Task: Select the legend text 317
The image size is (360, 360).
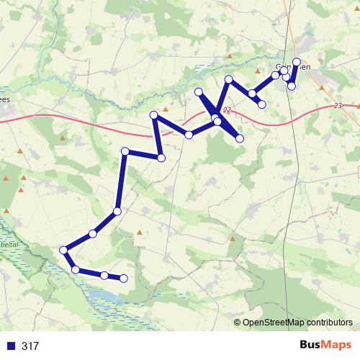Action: pyautogui.click(x=30, y=346)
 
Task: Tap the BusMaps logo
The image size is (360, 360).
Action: pyautogui.click(x=325, y=346)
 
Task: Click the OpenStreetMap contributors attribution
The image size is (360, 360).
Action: pyautogui.click(x=297, y=323)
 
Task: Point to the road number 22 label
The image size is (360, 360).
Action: pyautogui.click(x=228, y=110)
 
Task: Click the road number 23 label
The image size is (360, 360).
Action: pyautogui.click(x=339, y=106)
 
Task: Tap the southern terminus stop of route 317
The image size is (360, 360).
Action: pyautogui.click(x=123, y=278)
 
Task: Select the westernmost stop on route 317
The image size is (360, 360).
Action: pyautogui.click(x=64, y=250)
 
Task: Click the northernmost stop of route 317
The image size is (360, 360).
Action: pyautogui.click(x=296, y=62)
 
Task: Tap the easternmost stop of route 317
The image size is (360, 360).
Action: pyautogui.click(x=296, y=62)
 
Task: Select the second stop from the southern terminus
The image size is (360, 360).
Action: pyautogui.click(x=104, y=275)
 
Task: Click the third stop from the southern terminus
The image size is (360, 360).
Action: pyautogui.click(x=76, y=269)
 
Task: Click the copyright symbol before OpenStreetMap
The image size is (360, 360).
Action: pyautogui.click(x=238, y=323)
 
